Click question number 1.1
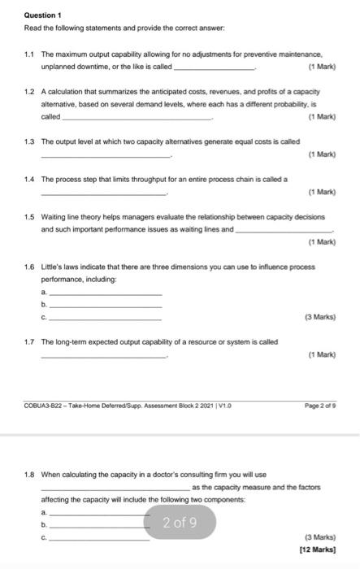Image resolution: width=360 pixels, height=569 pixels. pos(30,52)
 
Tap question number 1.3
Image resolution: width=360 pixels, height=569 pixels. pos(30,141)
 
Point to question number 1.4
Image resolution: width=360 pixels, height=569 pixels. pos(30,179)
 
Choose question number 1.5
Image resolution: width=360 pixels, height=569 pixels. pos(30,217)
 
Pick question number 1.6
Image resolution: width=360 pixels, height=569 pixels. pos(30,266)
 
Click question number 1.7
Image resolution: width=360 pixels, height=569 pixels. pos(30,342)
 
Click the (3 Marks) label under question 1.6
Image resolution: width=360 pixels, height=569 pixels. pos(321,316)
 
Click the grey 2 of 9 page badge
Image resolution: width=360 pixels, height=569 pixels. pos(179,522)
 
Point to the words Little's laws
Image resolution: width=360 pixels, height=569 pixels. pos(61,266)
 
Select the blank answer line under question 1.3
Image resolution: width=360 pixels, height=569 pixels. pos(106,154)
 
